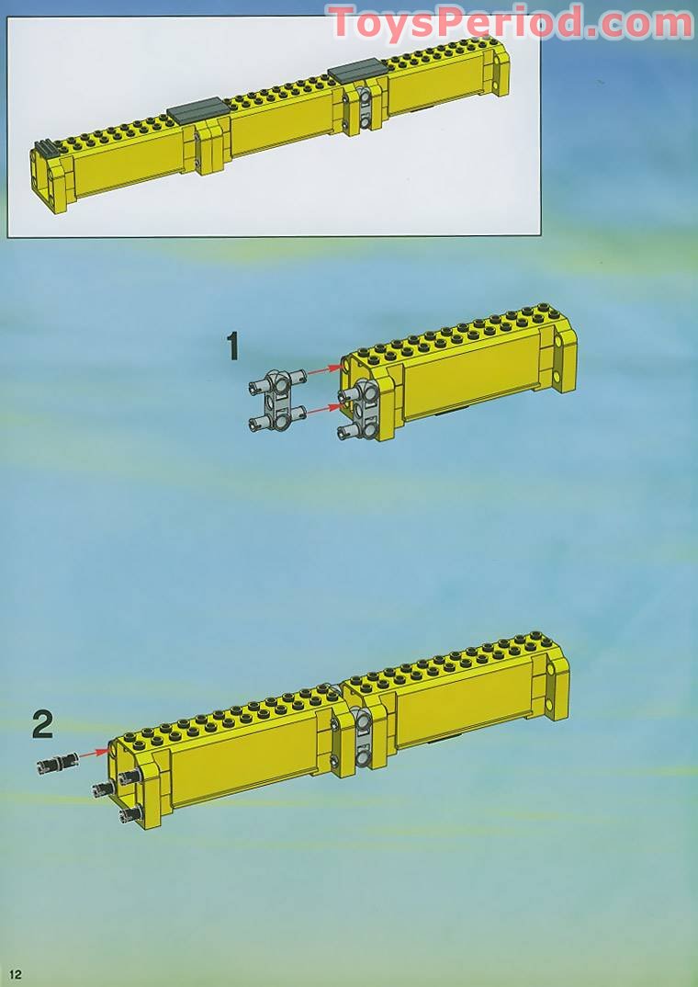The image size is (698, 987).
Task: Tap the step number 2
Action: pyautogui.click(x=42, y=725)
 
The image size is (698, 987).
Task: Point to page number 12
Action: pyautogui.click(x=15, y=975)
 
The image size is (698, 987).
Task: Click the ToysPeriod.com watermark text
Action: pyautogui.click(x=510, y=23)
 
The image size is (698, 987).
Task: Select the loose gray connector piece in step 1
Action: pyautogui.click(x=277, y=400)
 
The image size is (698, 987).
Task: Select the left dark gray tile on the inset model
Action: pyautogui.click(x=198, y=111)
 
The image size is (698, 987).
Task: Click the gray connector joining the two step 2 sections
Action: pyautogui.click(x=363, y=737)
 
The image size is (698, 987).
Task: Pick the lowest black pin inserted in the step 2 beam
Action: pyautogui.click(x=130, y=814)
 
